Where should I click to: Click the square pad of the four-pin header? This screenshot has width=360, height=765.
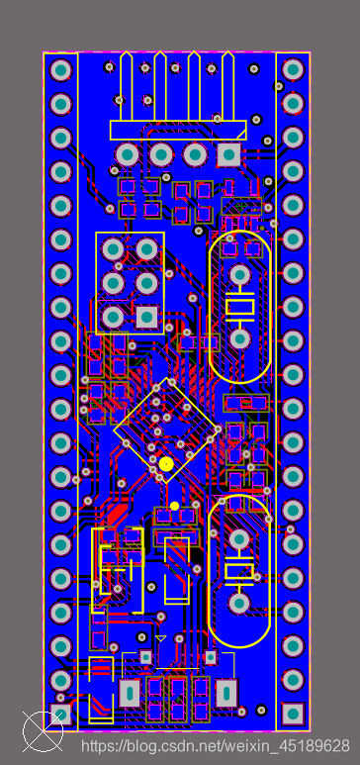point(228,155)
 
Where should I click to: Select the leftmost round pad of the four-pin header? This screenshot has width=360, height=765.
point(128,155)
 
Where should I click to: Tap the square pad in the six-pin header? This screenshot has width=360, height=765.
point(146,317)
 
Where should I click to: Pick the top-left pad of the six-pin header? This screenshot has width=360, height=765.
point(113,249)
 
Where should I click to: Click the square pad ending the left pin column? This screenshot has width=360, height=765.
point(61,714)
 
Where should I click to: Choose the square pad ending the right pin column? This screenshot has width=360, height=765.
point(293,714)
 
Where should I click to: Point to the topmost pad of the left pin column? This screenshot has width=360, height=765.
point(61,69)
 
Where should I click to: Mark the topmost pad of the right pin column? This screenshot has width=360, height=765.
point(293,69)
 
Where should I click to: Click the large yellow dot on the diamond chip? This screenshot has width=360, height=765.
point(166,464)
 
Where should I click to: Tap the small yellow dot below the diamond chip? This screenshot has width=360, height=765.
point(175,506)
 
